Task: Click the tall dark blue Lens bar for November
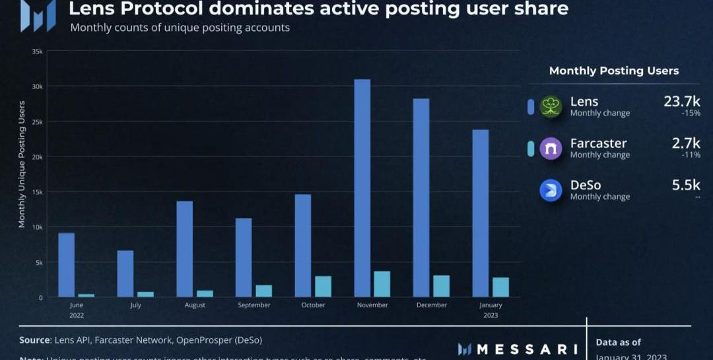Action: click(362, 188)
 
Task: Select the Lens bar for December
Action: click(421, 198)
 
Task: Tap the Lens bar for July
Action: click(125, 273)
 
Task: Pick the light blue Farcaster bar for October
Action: click(323, 286)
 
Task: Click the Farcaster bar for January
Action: click(500, 287)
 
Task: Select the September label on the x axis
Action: click(254, 305)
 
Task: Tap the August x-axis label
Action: click(195, 305)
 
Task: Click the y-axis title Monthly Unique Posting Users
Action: click(22, 164)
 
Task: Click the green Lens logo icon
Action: click(551, 107)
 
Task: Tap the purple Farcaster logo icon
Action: click(551, 149)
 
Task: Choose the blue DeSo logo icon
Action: click(551, 190)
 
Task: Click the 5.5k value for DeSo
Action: click(686, 185)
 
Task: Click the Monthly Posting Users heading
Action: click(614, 71)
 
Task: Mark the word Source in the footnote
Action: click(35, 340)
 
